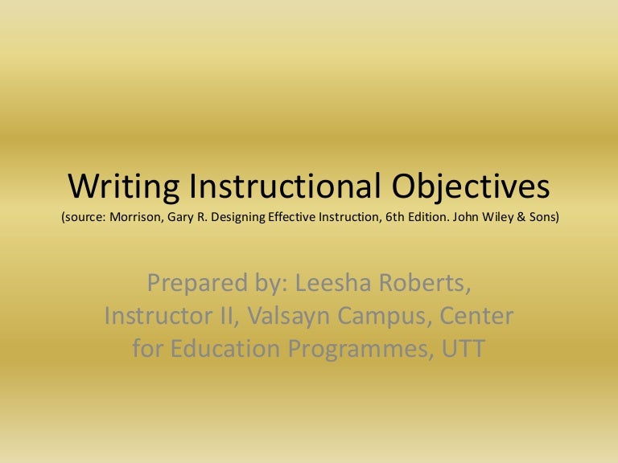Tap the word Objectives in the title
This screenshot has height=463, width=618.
click(x=471, y=186)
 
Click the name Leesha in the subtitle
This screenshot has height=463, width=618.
click(x=328, y=283)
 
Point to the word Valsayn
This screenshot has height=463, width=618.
click(x=298, y=317)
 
